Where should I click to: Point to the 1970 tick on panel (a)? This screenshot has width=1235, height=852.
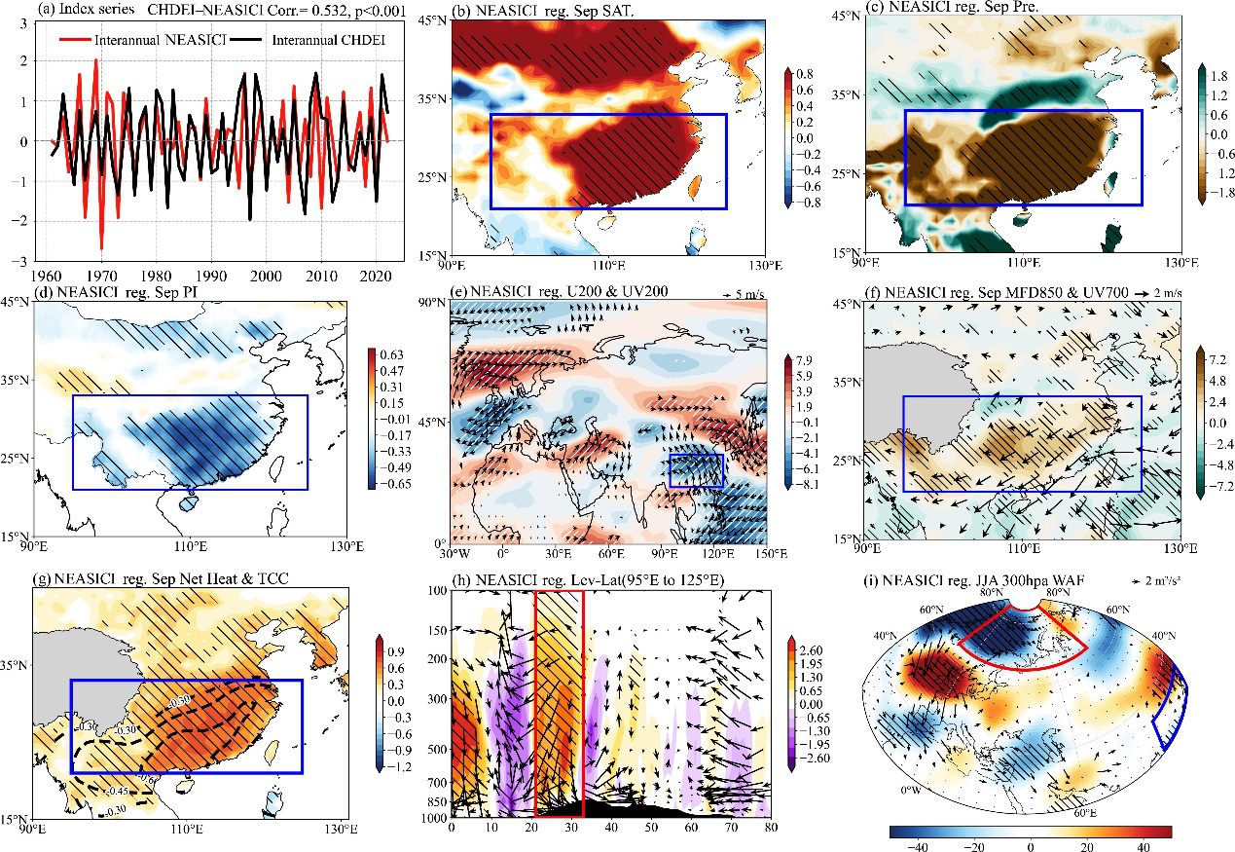pos(100,277)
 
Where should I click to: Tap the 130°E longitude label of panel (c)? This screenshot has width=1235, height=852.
pos(1180,262)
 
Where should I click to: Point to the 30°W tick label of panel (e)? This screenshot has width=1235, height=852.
pos(451,554)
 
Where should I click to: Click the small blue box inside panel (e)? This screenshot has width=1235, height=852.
pos(697,470)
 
